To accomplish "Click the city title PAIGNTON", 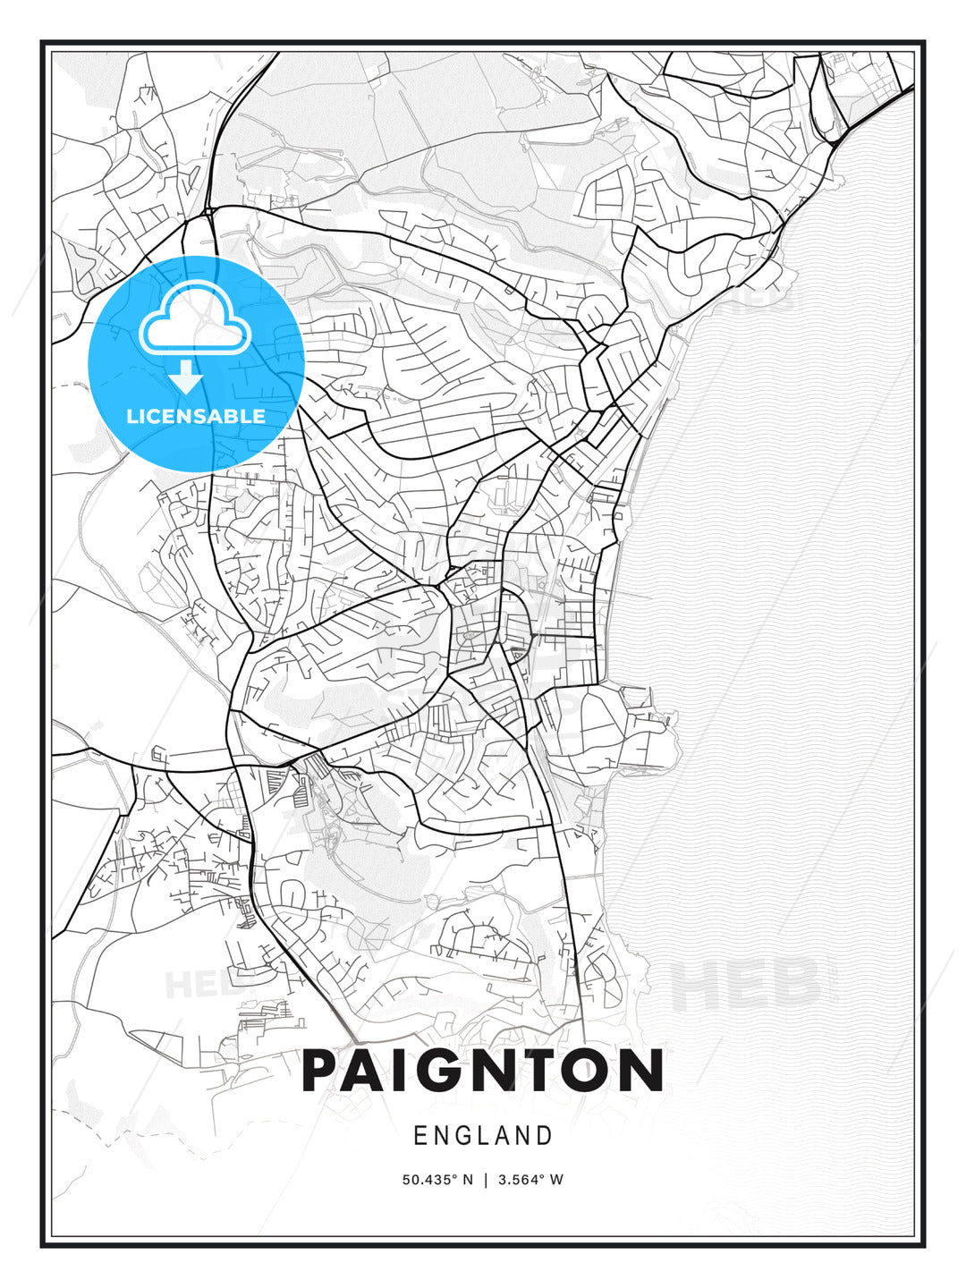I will (x=482, y=1071).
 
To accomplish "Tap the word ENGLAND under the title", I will (x=483, y=1136).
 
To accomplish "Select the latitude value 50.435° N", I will (x=436, y=1180).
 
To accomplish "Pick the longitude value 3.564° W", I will (x=530, y=1180).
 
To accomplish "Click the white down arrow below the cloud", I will (x=187, y=377).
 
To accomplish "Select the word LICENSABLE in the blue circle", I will (x=196, y=416).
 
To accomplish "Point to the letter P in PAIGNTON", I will (x=324, y=1071).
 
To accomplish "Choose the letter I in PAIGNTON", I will (x=408, y=1071).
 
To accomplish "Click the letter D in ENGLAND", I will (x=545, y=1136).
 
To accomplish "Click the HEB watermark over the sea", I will (x=744, y=984).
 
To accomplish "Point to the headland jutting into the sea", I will (x=648, y=720).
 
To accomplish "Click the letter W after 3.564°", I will (x=557, y=1180).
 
